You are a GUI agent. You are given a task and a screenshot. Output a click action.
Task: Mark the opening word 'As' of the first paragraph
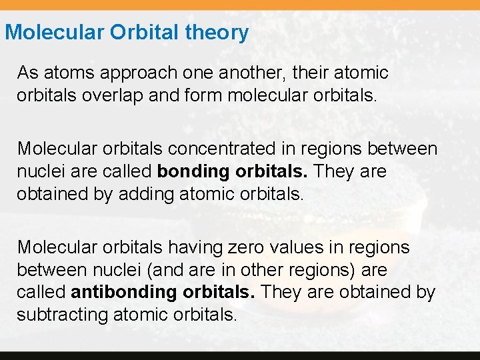27,72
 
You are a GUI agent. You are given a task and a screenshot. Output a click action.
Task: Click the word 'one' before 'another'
187,72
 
